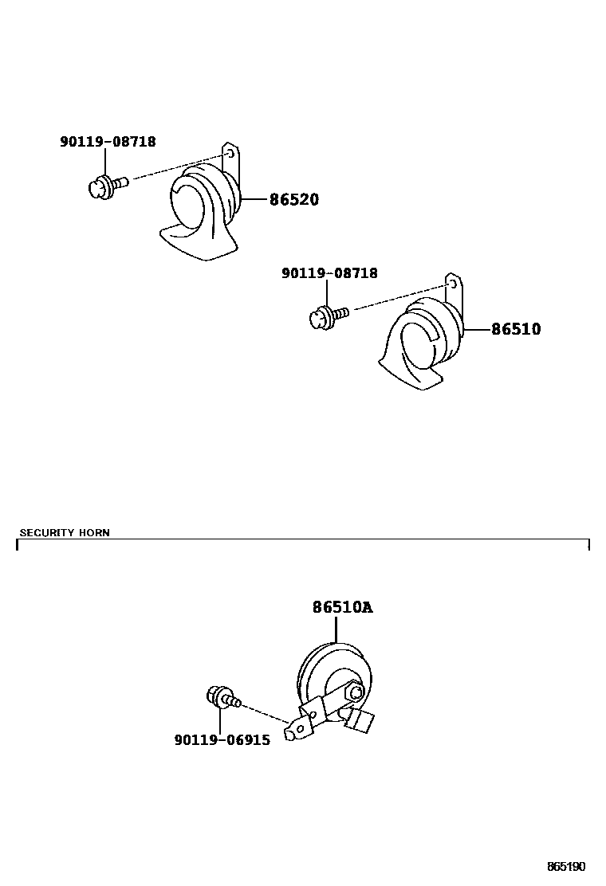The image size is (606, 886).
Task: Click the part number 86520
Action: [x=293, y=199]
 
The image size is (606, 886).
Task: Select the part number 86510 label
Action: [x=515, y=328]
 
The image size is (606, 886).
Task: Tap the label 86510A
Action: [x=342, y=608]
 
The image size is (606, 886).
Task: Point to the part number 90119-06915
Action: [x=222, y=740]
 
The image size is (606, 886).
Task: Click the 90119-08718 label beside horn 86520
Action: [x=108, y=142]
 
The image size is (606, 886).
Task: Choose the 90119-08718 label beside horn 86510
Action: [x=329, y=273]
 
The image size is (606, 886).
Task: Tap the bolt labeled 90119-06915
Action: [x=222, y=698]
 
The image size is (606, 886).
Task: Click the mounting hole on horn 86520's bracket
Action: [x=229, y=151]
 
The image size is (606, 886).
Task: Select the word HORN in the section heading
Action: [x=94, y=532]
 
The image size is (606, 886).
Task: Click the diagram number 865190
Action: [x=565, y=866]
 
